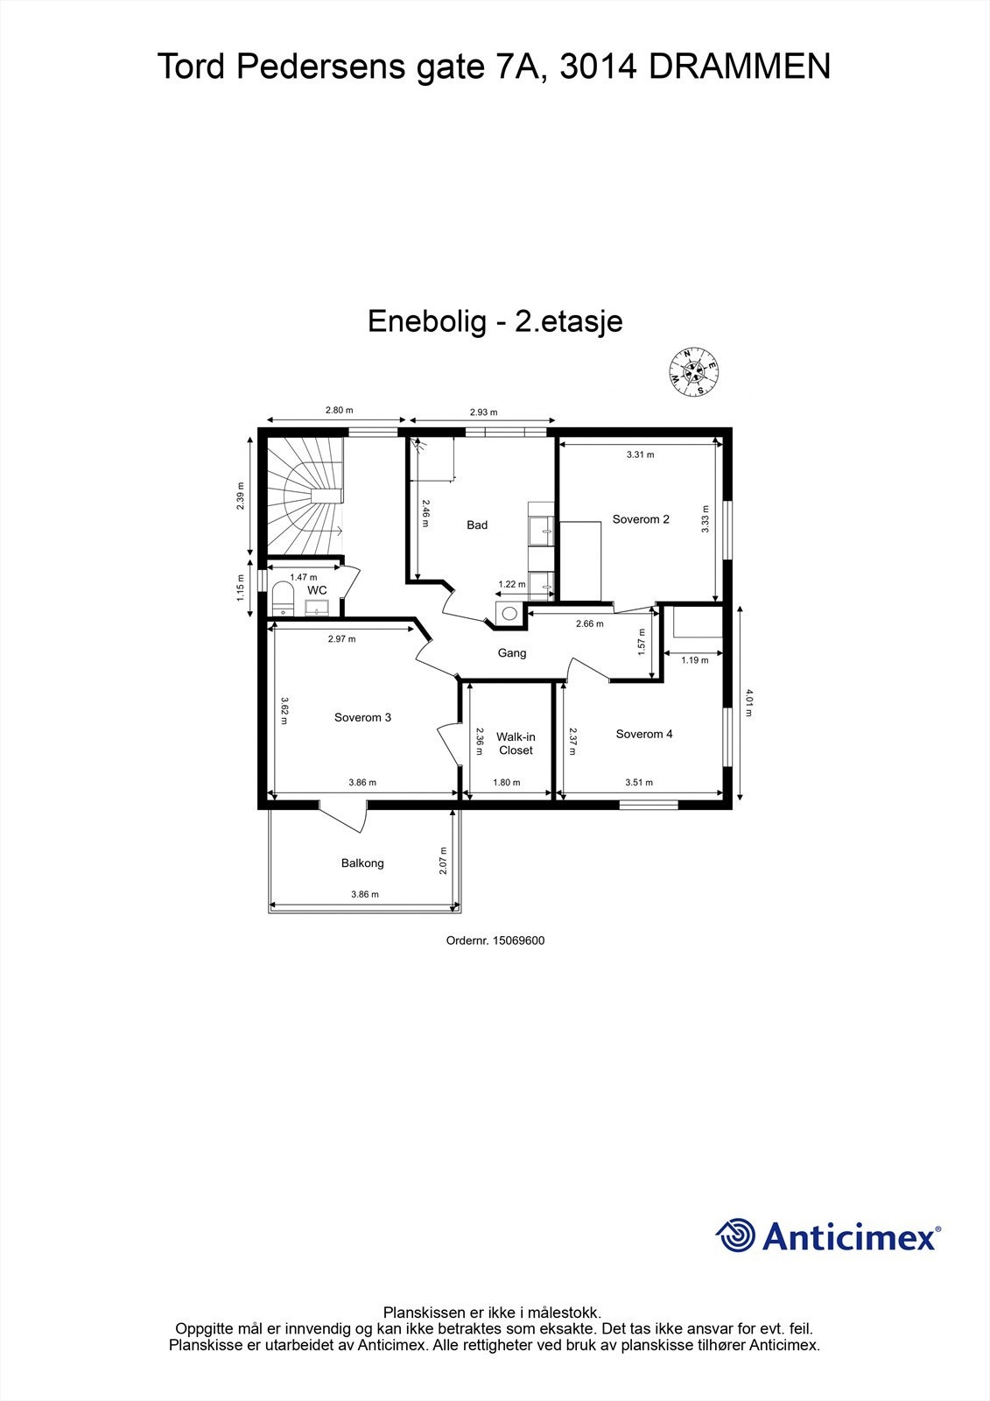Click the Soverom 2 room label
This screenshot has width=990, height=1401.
click(641, 519)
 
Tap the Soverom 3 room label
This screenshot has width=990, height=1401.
click(362, 717)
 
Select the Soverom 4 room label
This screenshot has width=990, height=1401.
click(644, 734)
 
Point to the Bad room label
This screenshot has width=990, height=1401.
click(477, 524)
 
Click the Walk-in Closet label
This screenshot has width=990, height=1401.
click(516, 743)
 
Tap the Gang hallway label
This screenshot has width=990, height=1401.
click(512, 652)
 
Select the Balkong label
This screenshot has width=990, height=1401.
click(362, 862)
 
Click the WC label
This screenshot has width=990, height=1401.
click(317, 590)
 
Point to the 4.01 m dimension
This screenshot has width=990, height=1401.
click(748, 702)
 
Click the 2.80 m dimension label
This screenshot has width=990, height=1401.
click(339, 410)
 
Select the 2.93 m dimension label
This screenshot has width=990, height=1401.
click(483, 412)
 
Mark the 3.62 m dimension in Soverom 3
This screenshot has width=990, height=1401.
click(284, 710)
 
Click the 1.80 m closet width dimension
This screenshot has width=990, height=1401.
click(507, 783)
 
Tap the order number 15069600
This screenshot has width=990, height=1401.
click(495, 940)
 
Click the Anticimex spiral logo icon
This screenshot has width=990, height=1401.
click(735, 1236)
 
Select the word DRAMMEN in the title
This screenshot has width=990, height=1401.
click(740, 67)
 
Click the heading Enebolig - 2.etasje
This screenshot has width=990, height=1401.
click(495, 321)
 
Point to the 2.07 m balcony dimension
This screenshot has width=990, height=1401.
click(445, 862)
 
